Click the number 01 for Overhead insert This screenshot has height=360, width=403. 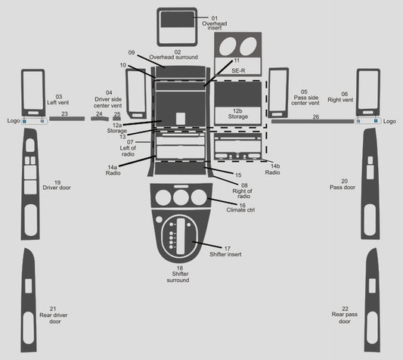click(x=214, y=18)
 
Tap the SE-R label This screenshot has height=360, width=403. click(x=238, y=70)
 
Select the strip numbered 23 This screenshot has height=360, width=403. click(x=67, y=119)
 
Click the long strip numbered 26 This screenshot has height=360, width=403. click(x=312, y=121)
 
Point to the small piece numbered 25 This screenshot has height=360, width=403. click(x=116, y=119)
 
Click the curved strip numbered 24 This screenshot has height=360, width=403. click(x=100, y=119)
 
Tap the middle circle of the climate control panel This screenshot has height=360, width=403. click(x=181, y=197)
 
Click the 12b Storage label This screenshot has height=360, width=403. click(x=237, y=114)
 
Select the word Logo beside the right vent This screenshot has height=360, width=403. click(x=389, y=121)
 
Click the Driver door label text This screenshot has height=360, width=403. click(x=57, y=188)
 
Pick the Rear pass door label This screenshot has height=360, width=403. click(x=344, y=315)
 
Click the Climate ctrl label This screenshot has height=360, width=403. click(x=240, y=209)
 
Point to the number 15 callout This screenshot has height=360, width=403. click(x=238, y=175)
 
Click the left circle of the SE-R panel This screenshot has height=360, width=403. click(x=227, y=46)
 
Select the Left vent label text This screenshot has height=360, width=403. click(x=57, y=102)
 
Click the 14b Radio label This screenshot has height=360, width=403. click(x=273, y=169)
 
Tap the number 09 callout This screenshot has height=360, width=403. click(x=132, y=52)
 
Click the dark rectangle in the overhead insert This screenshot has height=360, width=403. click(x=177, y=20)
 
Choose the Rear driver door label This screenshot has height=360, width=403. click(x=54, y=315)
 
